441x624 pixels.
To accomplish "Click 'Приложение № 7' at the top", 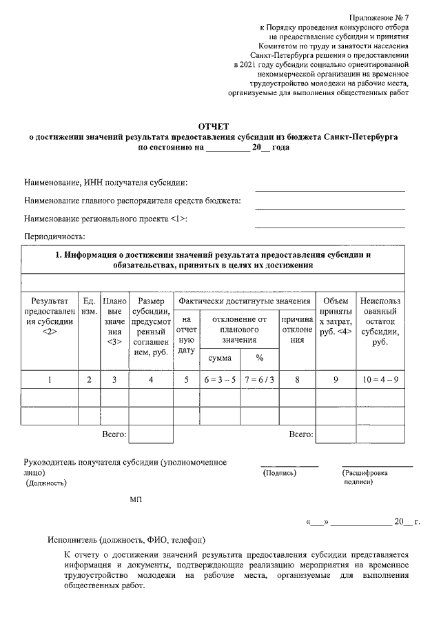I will [378, 14].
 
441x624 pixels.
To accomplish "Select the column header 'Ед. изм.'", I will [89, 307].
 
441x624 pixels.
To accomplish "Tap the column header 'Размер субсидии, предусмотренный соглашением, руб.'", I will [151, 327].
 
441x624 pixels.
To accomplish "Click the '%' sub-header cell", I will [259, 358].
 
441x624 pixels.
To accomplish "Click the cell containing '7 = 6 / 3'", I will [259, 379].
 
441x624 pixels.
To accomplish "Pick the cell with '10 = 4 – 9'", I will [379, 379].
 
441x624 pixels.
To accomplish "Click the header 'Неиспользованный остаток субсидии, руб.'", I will [379, 321].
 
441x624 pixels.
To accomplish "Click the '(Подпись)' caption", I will [279, 474].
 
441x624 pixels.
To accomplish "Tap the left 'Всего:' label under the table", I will [114, 434].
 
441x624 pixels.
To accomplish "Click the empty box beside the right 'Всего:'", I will [336, 434].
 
